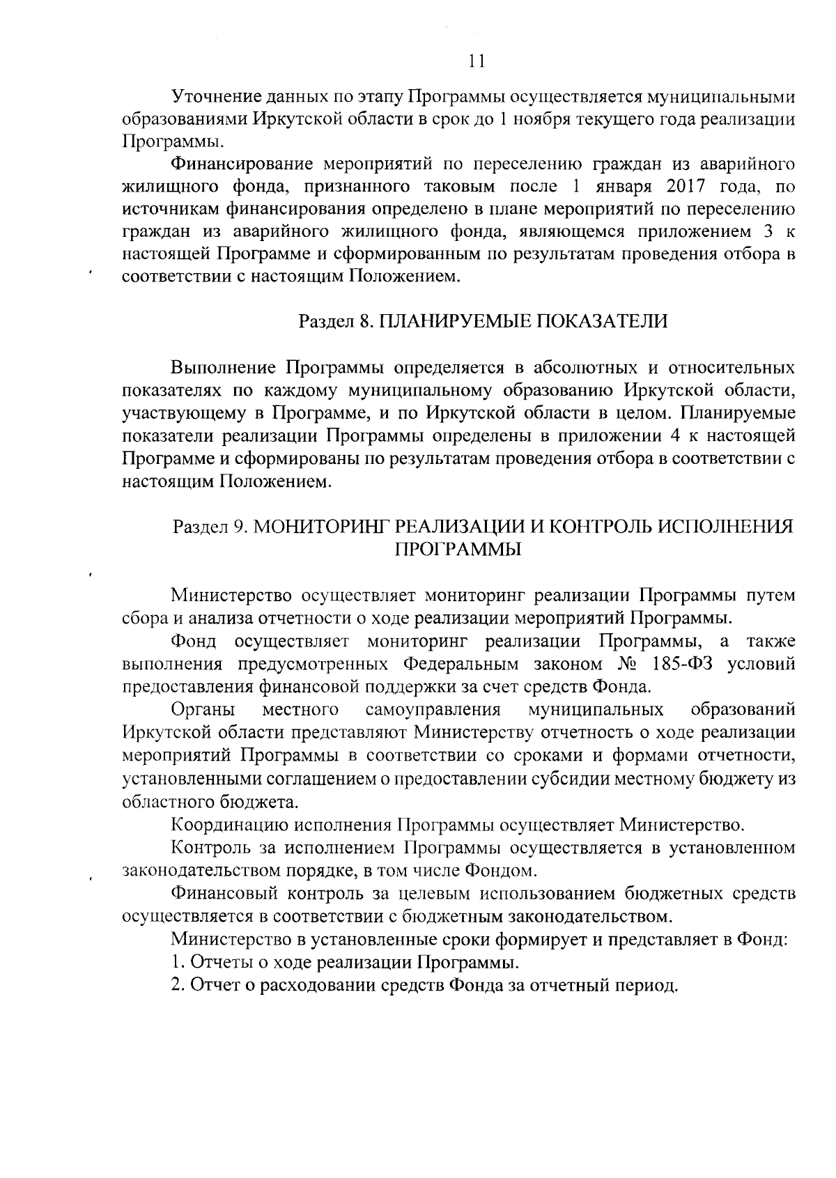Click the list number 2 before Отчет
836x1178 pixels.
(x=177, y=986)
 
